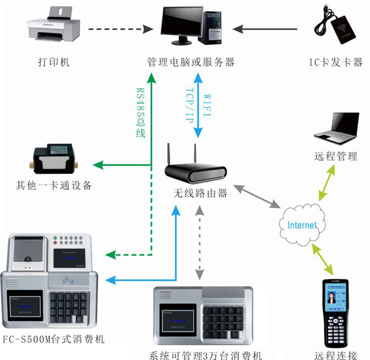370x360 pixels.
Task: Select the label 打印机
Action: click(54, 62)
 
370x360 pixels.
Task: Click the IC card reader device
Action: click(338, 28)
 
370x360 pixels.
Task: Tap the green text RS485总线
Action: click(141, 113)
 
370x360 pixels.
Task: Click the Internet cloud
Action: click(301, 224)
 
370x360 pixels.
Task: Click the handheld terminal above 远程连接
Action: click(335, 313)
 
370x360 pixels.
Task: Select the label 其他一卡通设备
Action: click(54, 186)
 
